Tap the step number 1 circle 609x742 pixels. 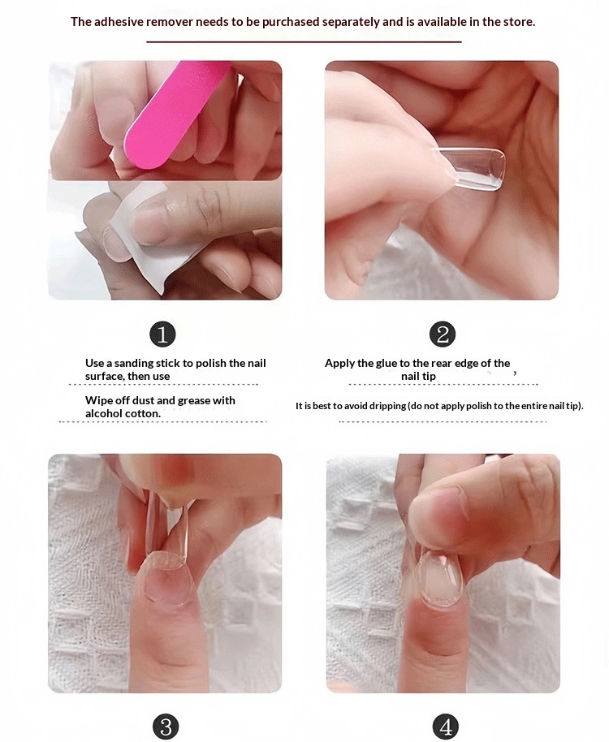click(x=162, y=334)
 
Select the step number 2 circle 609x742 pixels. click(x=443, y=334)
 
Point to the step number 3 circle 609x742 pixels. click(x=166, y=727)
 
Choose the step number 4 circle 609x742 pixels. click(x=445, y=727)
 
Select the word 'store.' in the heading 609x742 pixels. click(x=519, y=22)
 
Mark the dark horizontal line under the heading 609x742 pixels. click(x=304, y=42)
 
